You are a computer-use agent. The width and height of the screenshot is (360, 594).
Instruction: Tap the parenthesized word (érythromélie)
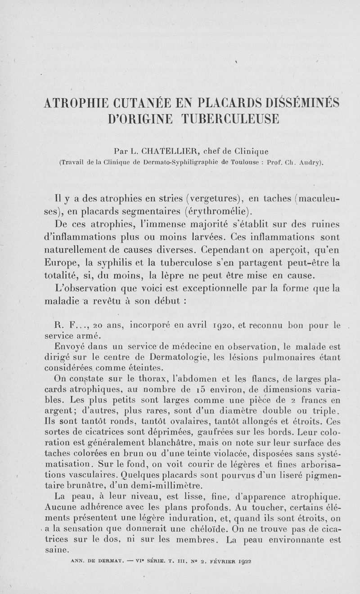pyautogui.click(x=218, y=211)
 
